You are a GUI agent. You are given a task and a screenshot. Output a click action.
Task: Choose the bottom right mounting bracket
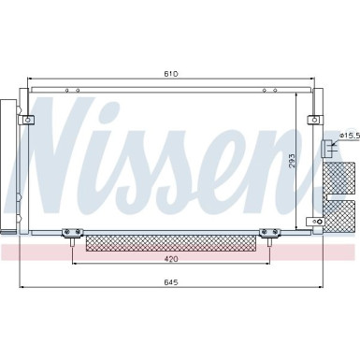tap(269, 234)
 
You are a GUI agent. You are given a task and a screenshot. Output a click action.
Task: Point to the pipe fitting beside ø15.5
tap(326, 148)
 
